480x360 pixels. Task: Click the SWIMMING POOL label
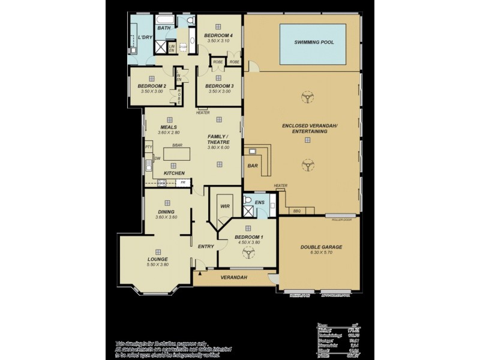[314, 43]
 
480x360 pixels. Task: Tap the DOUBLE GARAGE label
[321, 247]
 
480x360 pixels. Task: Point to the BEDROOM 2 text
[152, 86]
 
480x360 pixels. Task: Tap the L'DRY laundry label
[144, 37]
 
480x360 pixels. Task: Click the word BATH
[164, 28]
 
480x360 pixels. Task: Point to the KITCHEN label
[174, 173]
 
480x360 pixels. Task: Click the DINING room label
[166, 212]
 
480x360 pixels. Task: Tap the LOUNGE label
[158, 259]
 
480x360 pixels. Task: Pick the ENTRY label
[206, 247]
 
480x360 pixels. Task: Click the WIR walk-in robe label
[226, 206]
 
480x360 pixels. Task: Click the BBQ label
[296, 211]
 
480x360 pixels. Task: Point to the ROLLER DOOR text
[341, 220]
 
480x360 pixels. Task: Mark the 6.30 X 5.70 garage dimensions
[321, 253]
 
